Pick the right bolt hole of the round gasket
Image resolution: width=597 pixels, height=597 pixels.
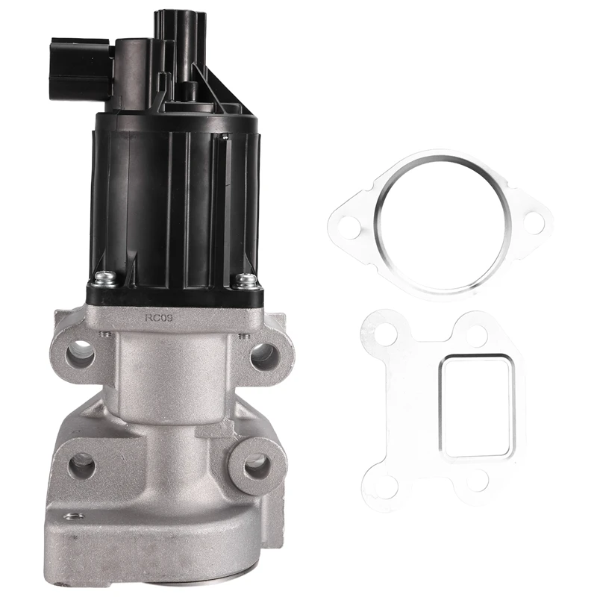tap(533, 221)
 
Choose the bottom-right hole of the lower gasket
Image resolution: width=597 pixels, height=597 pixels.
tap(478, 481)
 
